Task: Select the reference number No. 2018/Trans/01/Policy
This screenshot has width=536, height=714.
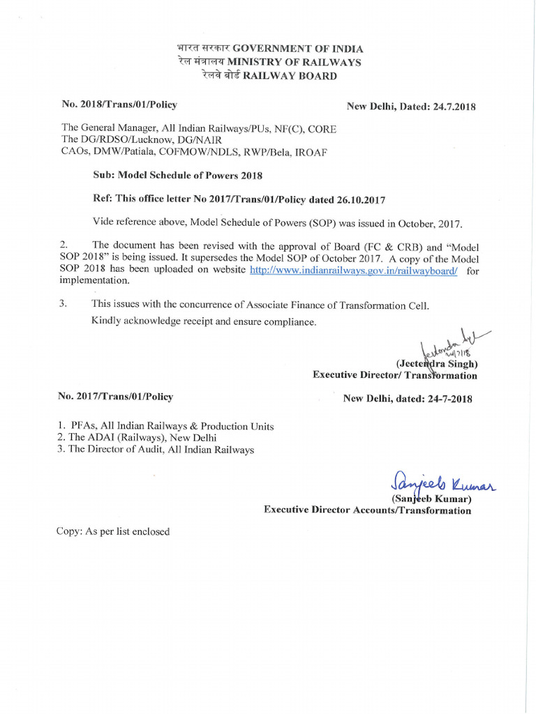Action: (x=119, y=105)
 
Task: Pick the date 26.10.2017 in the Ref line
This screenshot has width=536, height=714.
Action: (x=359, y=200)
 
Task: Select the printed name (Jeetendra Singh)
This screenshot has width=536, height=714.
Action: (x=437, y=363)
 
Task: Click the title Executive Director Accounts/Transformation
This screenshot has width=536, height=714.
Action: (x=367, y=510)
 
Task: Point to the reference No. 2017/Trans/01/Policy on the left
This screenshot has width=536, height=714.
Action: (x=116, y=396)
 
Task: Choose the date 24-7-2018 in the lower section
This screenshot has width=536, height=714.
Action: (x=446, y=399)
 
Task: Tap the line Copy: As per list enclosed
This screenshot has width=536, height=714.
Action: (x=113, y=531)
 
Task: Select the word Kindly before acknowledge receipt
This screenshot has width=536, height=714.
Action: (x=107, y=322)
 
